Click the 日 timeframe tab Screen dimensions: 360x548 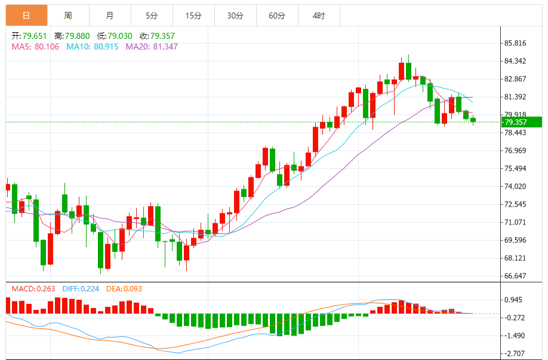coord(26,15)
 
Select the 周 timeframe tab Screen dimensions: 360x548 coord(68,15)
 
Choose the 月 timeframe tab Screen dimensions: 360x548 coord(110,15)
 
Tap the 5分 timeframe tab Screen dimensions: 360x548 coord(152,15)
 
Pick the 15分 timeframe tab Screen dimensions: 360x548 coord(193,15)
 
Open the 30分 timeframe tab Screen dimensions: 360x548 coord(235,15)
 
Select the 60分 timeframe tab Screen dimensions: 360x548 coord(277,15)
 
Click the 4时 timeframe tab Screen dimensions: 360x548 coord(319,15)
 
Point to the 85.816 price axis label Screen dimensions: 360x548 coord(516,43)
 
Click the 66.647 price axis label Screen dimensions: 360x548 coord(516,276)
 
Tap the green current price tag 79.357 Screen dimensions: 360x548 coord(521,122)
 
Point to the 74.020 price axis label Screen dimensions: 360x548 coord(516,186)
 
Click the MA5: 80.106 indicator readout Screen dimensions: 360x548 coord(35,47)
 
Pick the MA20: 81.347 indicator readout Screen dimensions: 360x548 coord(152,47)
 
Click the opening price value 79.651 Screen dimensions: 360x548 coord(35,36)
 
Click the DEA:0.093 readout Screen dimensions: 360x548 coord(124,289)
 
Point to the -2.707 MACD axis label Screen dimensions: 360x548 coord(515,354)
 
